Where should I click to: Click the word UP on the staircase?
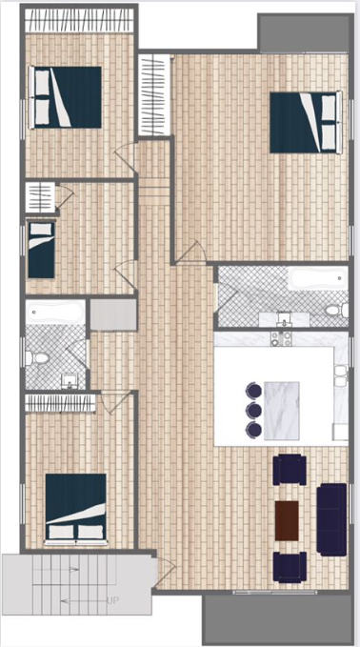click(x=112, y=600)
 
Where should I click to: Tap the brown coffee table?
click(x=287, y=520)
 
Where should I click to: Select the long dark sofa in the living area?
click(x=331, y=520)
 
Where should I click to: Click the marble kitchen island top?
click(x=281, y=411)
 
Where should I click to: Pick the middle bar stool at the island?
click(x=253, y=410)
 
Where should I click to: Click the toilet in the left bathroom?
click(x=36, y=357)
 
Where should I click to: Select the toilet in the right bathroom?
click(x=338, y=310)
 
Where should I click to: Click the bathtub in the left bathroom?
click(x=55, y=313)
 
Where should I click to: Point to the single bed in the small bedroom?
click(x=40, y=250)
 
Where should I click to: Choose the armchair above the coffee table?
click(x=290, y=470)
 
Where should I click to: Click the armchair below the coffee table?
click(x=290, y=567)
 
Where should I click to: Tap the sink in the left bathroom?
click(x=70, y=381)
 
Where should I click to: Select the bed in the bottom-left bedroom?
click(x=76, y=509)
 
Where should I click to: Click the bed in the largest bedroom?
click(x=306, y=123)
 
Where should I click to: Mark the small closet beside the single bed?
click(x=40, y=197)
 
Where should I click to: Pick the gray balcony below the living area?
click(x=277, y=619)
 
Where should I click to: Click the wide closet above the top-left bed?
click(x=80, y=21)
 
